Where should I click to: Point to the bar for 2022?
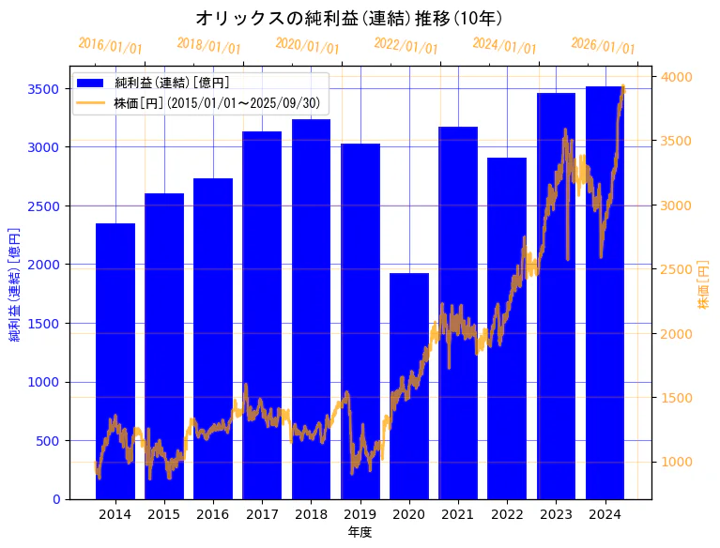pyautogui.click(x=507, y=328)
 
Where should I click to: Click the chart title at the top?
pyautogui.click(x=348, y=18)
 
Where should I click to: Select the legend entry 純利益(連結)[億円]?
pyautogui.click(x=178, y=84)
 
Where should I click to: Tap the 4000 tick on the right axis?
pyautogui.click(x=677, y=77)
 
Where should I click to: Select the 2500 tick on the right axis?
pyautogui.click(x=677, y=270)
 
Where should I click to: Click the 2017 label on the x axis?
pyautogui.click(x=262, y=514)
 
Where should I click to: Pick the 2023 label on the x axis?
pyautogui.click(x=556, y=514)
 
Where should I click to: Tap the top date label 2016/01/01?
pyautogui.click(x=110, y=45)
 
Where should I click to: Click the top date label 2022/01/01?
pyautogui.click(x=406, y=45)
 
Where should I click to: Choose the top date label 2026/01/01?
pyautogui.click(x=603, y=45)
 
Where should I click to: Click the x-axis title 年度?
pyautogui.click(x=360, y=532)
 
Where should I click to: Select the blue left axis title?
pyautogui.click(x=15, y=282)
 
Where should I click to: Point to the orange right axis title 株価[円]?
pyautogui.click(x=703, y=284)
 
